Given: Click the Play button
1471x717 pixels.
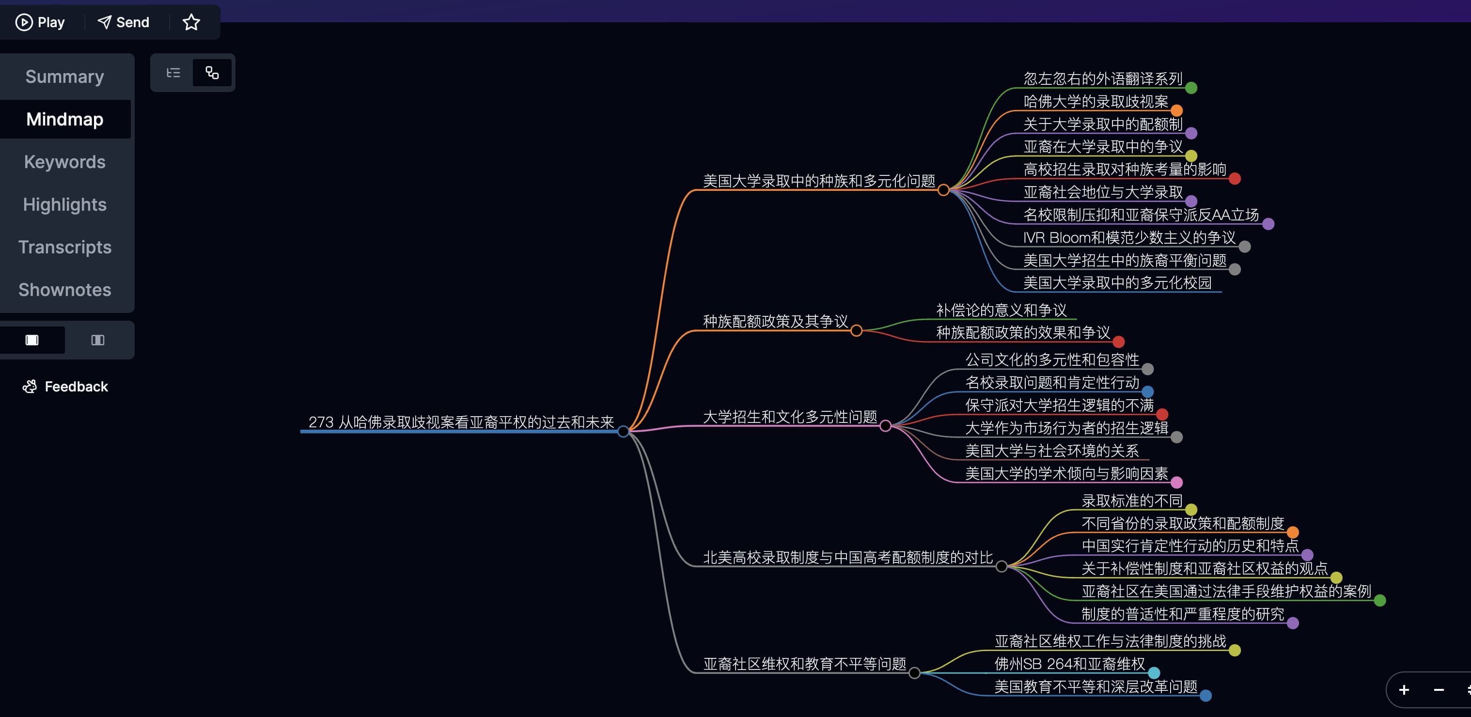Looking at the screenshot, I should click(x=40, y=22).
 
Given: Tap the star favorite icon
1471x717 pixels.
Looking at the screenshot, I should click(x=191, y=22).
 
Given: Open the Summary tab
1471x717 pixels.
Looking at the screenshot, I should click(x=64, y=77).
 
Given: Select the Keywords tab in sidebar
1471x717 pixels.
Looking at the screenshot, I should click(x=64, y=162).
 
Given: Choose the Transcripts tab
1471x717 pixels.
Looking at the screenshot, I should click(x=64, y=247).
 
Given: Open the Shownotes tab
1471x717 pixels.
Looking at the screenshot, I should click(x=64, y=290).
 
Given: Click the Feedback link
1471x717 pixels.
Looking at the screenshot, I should click(x=66, y=387).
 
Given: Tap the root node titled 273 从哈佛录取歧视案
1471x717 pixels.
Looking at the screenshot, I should click(x=461, y=422).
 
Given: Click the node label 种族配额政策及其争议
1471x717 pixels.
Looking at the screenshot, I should click(x=775, y=321).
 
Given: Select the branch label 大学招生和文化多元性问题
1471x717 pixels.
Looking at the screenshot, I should click(x=790, y=417).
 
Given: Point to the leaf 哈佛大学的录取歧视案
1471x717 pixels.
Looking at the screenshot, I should click(x=1095, y=102).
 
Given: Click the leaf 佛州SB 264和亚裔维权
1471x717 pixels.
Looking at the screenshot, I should click(x=1069, y=664).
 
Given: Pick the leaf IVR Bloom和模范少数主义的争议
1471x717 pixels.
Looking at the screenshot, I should click(x=1129, y=237).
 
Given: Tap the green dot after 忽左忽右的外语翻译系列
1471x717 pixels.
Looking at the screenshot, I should click(x=1191, y=88).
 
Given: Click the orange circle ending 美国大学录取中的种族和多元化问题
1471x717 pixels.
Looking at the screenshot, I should click(x=944, y=190).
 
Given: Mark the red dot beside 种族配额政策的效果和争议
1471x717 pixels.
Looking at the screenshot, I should click(x=1119, y=342).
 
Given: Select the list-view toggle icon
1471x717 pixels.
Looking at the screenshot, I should click(x=173, y=73).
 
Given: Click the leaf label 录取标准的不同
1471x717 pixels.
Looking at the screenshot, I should click(x=1132, y=500).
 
